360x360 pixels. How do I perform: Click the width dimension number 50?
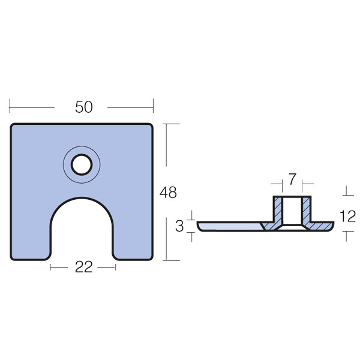[84, 107]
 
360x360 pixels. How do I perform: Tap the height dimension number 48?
[169, 193]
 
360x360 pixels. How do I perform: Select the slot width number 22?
[83, 268]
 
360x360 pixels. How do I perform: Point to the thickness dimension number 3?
[179, 226]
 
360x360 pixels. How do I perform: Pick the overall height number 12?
[347, 215]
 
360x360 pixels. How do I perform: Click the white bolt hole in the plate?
[82, 164]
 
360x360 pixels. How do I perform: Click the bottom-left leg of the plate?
[30, 246]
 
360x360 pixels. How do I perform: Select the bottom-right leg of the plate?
[133, 246]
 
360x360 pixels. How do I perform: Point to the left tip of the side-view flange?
[199, 226]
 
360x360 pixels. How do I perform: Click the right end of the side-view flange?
[331, 226]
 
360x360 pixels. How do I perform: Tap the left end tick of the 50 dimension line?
[10, 107]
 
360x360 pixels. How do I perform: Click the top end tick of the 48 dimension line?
[172, 124]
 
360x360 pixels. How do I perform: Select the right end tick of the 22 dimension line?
[115, 268]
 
